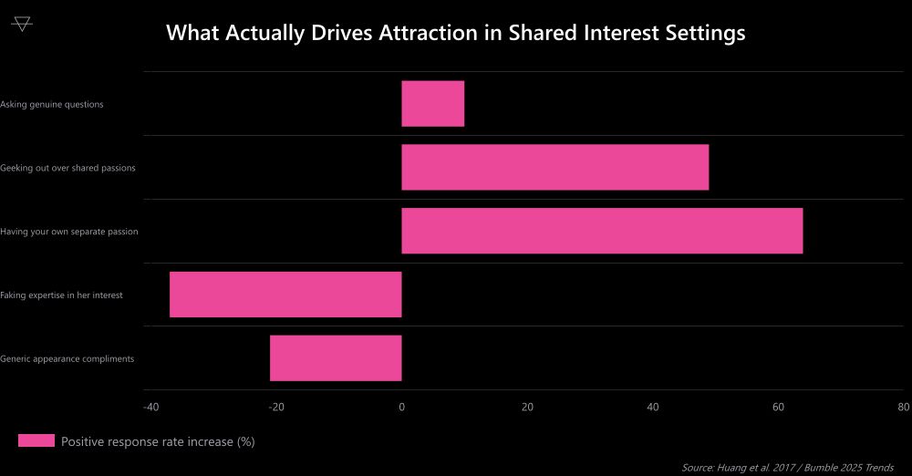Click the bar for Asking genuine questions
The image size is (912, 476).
(432, 103)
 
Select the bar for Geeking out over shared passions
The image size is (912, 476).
(554, 167)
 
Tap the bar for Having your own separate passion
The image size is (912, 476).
(602, 231)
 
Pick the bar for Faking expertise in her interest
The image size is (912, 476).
(285, 295)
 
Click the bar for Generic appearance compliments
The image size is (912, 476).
(336, 357)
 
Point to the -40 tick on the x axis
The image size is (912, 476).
(151, 408)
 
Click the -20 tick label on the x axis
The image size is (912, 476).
(276, 408)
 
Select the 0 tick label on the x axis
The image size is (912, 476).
(401, 408)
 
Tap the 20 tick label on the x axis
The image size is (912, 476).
(527, 408)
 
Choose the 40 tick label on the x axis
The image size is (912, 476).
(652, 408)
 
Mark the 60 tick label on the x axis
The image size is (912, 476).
(778, 408)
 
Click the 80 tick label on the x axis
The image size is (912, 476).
(902, 408)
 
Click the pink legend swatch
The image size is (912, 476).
(36, 441)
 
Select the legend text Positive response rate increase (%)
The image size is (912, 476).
(158, 441)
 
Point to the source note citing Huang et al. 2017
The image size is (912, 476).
(788, 467)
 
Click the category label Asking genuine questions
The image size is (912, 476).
(52, 104)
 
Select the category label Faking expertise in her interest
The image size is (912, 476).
(62, 295)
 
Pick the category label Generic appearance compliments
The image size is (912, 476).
(67, 358)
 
